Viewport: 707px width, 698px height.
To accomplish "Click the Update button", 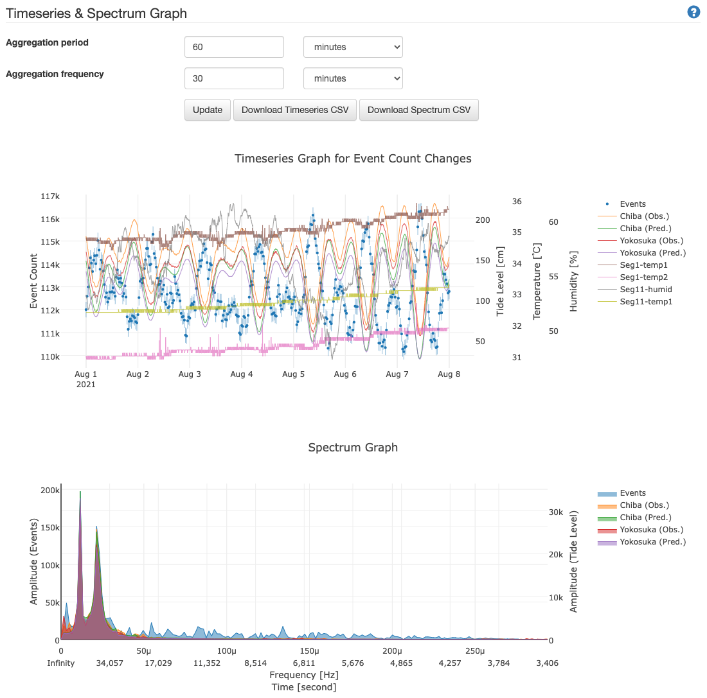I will coord(208,110).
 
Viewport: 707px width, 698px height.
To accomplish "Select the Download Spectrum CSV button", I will coord(418,110).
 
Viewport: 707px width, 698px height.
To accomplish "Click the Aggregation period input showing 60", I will coord(234,47).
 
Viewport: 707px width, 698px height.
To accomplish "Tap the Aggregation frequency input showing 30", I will coord(234,78).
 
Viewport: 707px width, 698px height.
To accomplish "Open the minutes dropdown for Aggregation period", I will coord(353,47).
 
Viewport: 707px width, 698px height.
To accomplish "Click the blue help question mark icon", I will coord(694,12).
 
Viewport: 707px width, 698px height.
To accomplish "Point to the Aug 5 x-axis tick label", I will coord(293,374).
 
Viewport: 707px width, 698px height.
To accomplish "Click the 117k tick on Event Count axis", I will coord(50,196).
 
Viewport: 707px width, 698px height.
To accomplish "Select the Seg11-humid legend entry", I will coord(646,289).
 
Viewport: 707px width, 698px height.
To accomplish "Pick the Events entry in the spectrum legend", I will coord(632,493).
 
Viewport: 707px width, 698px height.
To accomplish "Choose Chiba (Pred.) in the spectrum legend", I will coord(645,518).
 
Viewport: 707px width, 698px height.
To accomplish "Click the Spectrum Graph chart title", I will coord(353,448).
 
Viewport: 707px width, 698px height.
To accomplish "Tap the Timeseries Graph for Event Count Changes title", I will coord(353,159).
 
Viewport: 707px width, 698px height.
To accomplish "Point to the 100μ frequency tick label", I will coord(226,651).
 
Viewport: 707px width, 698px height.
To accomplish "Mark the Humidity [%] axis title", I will coord(574,281).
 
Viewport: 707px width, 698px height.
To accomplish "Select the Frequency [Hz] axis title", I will coord(303,675).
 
